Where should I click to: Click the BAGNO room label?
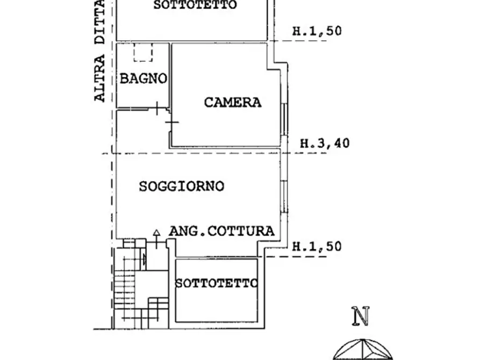pos(143,79)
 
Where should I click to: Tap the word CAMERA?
pos(232,102)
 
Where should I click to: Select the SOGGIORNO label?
pos(181,187)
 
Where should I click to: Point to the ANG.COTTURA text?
pos(222,231)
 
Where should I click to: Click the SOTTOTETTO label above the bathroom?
pos(195,6)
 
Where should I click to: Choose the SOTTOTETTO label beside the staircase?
pos(217,283)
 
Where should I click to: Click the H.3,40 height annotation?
pos(324,143)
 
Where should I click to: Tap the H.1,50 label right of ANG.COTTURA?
pos(317,247)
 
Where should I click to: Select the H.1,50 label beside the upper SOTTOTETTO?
pos(317,31)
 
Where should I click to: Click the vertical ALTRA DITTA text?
pos(99,51)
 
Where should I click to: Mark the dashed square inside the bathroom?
pos(144,53)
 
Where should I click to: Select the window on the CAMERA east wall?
pos(284,118)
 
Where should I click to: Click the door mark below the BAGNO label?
pos(156,109)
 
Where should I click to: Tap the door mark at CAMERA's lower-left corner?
pos(171,123)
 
